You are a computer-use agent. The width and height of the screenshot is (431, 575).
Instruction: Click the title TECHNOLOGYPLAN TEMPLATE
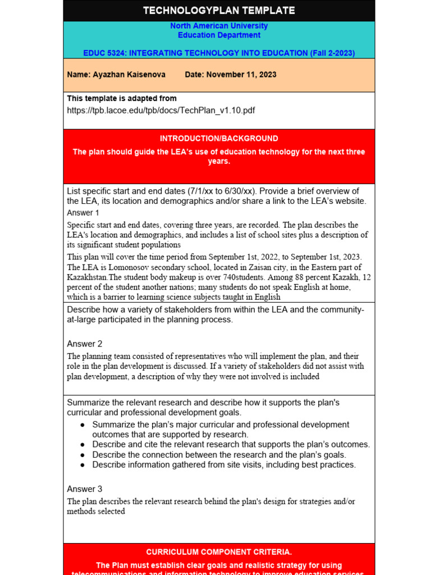point(219,11)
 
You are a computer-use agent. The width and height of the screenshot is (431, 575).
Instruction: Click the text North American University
point(219,26)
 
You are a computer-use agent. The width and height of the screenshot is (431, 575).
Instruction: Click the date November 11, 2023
point(241,75)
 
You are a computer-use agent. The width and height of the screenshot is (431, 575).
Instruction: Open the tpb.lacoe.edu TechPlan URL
point(161,111)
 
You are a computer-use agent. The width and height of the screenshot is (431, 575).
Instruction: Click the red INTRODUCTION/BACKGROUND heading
point(219,139)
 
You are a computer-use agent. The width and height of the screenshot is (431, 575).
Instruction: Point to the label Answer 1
point(83,213)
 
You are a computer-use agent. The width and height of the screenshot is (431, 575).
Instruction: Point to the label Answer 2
point(85,344)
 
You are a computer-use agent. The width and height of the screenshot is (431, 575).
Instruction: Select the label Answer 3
point(85,489)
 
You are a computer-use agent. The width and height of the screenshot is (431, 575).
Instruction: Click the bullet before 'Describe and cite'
point(82,445)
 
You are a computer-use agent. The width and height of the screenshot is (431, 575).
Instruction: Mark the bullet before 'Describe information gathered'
point(82,465)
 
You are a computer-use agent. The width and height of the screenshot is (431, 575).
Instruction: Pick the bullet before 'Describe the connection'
point(82,455)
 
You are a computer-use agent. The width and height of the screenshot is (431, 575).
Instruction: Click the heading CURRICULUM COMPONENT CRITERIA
point(219,552)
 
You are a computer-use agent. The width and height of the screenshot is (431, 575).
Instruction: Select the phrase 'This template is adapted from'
point(122,98)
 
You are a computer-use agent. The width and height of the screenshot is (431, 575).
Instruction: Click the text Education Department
point(219,35)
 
